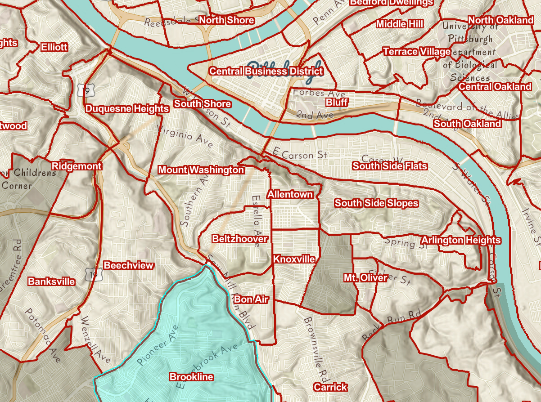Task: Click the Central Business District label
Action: click(266, 71)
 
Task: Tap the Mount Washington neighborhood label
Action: click(201, 170)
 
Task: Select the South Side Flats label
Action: click(390, 166)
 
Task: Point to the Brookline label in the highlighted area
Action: click(191, 377)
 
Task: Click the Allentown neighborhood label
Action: click(290, 194)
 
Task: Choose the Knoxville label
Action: click(294, 259)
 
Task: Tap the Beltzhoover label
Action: click(240, 239)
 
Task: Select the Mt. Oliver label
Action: click(365, 277)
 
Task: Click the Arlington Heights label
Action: click(461, 240)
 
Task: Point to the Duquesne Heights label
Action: click(127, 108)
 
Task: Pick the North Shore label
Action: click(226, 20)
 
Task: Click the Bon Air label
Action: click(251, 299)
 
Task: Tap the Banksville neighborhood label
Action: click(51, 281)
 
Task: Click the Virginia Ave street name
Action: click(185, 136)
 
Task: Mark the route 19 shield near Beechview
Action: click(93, 274)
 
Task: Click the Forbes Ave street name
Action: click(319, 94)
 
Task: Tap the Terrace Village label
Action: click(416, 52)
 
